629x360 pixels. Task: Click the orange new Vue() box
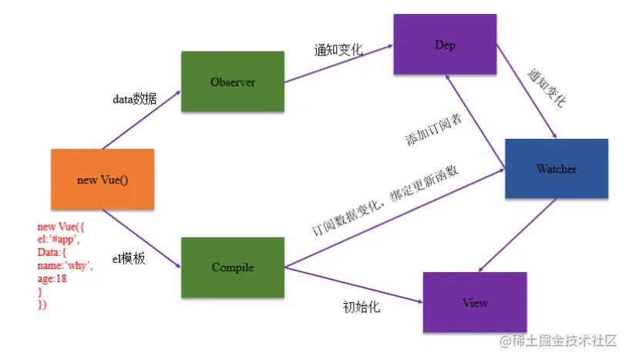point(103,180)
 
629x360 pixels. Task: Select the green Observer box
point(233,81)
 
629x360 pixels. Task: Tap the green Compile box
point(233,267)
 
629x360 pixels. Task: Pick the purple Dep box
point(445,45)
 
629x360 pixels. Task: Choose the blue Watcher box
point(556,168)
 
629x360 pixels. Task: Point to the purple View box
point(475,302)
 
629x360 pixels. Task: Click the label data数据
point(136,99)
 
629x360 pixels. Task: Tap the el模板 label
point(129,259)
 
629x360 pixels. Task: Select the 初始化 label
point(362,307)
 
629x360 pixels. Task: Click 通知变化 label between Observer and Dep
point(338,50)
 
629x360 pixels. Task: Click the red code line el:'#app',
point(58,240)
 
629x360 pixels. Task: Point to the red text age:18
point(52,279)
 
